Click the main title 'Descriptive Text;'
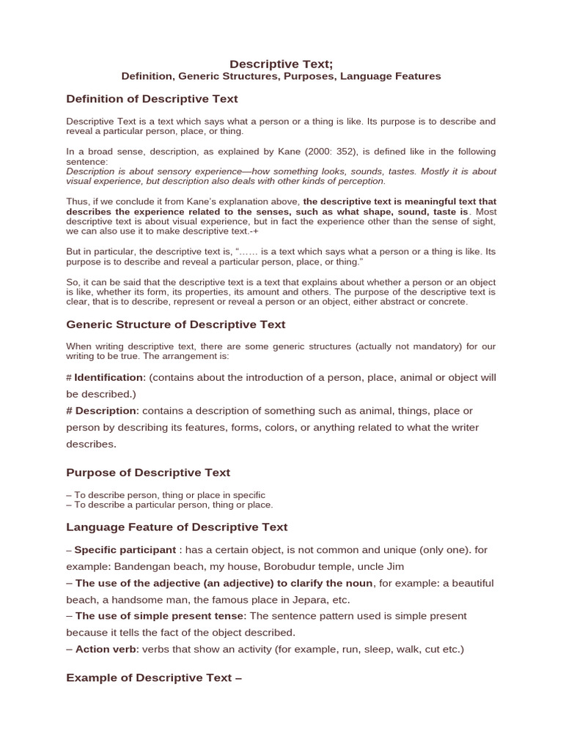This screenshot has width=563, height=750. click(x=281, y=64)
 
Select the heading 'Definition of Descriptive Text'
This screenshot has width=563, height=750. click(x=152, y=99)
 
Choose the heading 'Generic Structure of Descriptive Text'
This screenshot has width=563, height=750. click(x=175, y=324)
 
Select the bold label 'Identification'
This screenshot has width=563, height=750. click(x=108, y=377)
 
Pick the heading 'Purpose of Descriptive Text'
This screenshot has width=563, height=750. click(x=148, y=472)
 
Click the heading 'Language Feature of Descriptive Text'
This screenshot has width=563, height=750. click(x=177, y=527)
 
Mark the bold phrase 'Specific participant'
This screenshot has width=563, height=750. click(x=125, y=550)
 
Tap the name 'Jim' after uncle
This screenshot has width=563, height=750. click(x=394, y=566)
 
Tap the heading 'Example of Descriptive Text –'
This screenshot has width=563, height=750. click(x=154, y=677)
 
